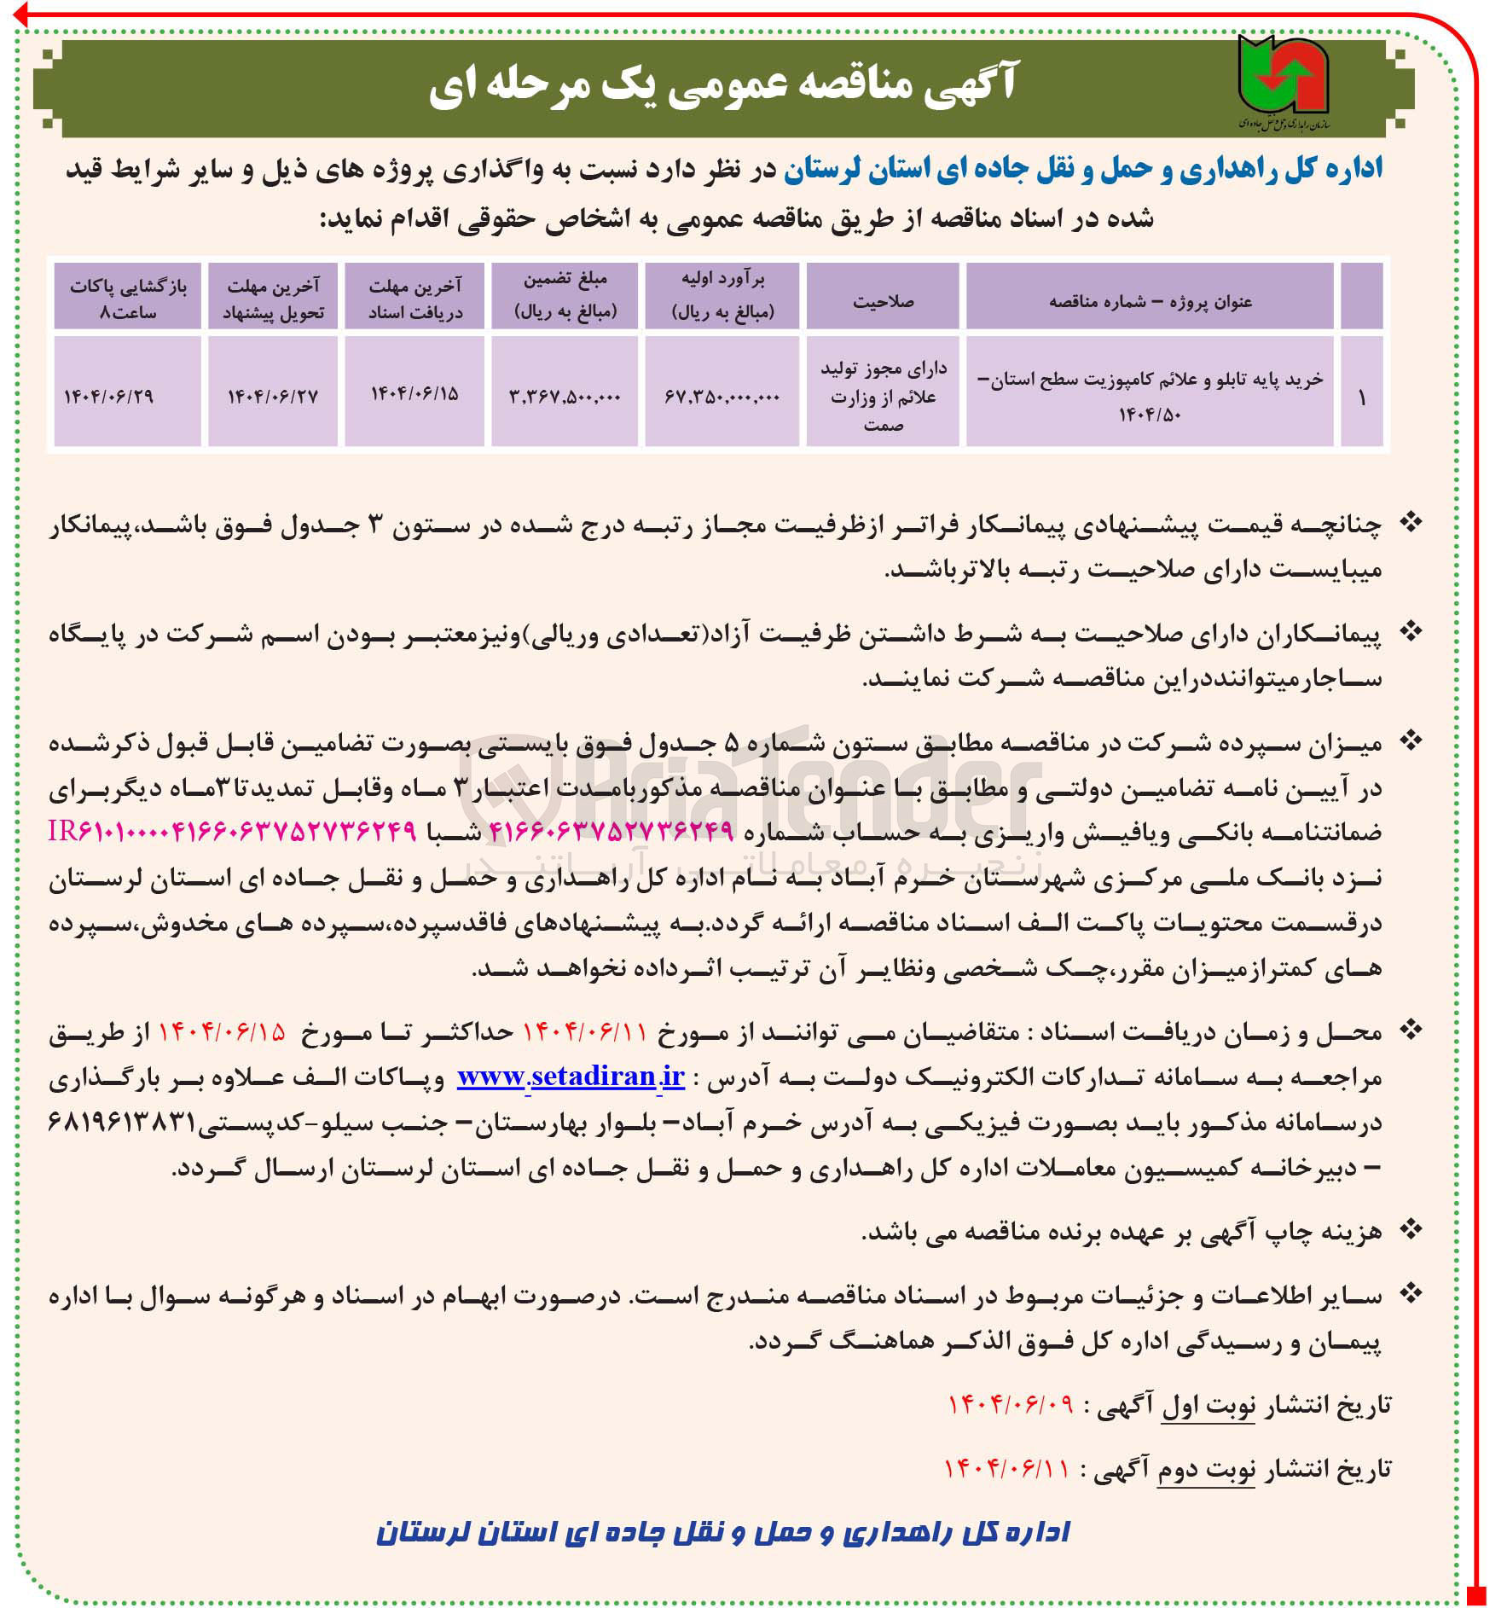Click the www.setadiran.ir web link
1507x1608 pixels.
pos(571,1077)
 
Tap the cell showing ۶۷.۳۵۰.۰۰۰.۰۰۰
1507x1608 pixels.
pos(722,396)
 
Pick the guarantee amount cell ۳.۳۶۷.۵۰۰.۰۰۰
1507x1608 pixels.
pos(565,396)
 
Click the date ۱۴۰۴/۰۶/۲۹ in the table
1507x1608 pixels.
pos(109,396)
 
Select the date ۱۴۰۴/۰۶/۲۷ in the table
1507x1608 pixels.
pos(272,396)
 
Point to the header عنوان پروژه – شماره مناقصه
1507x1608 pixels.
pos(1150,301)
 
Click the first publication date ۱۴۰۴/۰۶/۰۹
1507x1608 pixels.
pos(1011,1405)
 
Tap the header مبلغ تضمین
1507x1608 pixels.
pos(565,295)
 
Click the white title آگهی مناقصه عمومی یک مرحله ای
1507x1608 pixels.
pos(722,85)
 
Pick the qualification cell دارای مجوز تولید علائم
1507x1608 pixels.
pos(883,396)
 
